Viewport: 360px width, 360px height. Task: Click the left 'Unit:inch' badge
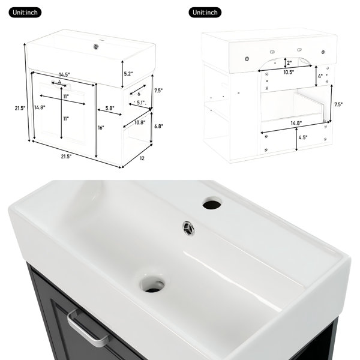pos(25,13)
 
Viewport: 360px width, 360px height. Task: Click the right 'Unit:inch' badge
pos(205,13)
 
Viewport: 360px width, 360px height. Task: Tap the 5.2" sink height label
pos(128,74)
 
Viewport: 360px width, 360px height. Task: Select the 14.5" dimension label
pos(64,74)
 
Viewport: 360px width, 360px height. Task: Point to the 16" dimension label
pos(101,128)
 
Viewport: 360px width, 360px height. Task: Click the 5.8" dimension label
pos(110,108)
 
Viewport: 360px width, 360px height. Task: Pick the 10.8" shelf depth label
pos(140,122)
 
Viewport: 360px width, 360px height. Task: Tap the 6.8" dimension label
pos(158,126)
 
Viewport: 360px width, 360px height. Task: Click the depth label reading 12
pos(142,158)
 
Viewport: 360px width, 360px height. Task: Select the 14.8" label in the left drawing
pos(40,107)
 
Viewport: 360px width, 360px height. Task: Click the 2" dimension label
pos(289,62)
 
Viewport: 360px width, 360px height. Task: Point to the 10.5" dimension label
pos(289,73)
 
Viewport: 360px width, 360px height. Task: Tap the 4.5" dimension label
pos(303,137)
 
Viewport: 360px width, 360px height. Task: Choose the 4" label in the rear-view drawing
pos(320,76)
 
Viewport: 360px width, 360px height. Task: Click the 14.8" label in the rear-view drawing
pos(296,123)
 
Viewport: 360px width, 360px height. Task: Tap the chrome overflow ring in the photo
pos(188,228)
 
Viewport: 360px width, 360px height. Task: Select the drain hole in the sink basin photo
pos(153,284)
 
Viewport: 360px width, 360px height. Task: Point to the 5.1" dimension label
pos(142,103)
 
